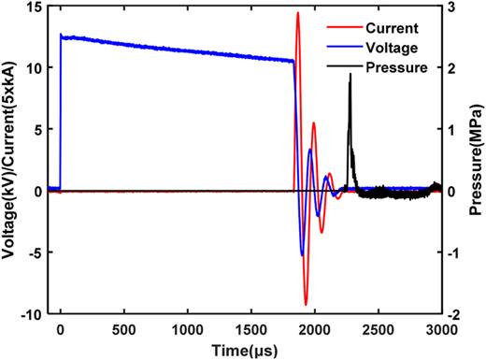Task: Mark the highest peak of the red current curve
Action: click(297, 13)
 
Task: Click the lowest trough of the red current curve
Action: click(306, 305)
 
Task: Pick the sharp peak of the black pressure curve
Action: click(350, 74)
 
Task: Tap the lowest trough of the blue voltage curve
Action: click(301, 254)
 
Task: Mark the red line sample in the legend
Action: click(361, 27)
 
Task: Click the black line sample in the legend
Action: click(361, 67)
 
